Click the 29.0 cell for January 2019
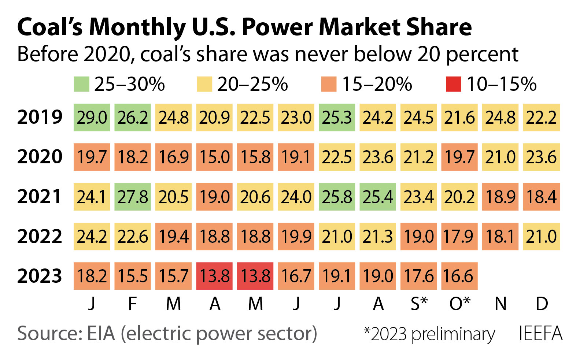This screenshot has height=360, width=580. click(92, 118)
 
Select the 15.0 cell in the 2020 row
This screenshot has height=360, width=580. click(214, 157)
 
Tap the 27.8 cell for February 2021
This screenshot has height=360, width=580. click(133, 197)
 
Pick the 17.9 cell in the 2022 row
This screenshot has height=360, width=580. click(459, 236)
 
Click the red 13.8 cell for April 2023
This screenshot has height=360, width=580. click(214, 276)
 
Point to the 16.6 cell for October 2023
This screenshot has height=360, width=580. click(459, 276)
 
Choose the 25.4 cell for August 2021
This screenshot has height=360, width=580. click(378, 197)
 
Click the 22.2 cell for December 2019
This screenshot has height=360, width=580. click(541, 118)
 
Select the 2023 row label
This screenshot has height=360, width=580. click(40, 276)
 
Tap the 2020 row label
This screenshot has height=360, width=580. click(40, 157)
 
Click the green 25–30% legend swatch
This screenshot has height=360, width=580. click(81, 84)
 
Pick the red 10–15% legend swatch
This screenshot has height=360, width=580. click(453, 84)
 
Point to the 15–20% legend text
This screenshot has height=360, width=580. click(377, 84)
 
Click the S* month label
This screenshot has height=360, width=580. click(419, 304)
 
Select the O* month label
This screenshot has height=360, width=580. click(459, 304)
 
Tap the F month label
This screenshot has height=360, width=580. click(133, 304)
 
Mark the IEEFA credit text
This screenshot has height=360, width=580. click(540, 334)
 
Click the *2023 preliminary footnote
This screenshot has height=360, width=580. click(429, 334)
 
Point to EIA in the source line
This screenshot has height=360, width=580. click(101, 334)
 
